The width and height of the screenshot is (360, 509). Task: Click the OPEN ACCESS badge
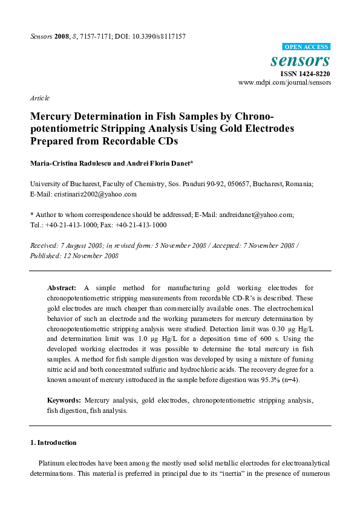point(306,47)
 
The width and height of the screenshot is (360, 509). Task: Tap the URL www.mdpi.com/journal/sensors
point(284,82)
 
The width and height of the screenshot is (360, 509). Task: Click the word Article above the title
point(39,98)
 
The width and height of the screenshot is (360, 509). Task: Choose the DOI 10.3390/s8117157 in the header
point(159,37)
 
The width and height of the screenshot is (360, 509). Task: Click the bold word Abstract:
point(62,289)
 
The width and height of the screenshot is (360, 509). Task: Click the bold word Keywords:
point(64,401)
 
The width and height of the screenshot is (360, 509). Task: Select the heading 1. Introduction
point(53,443)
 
